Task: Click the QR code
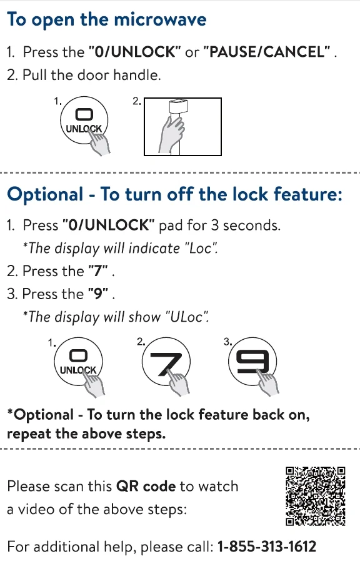(x=316, y=496)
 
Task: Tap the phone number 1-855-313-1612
(x=267, y=547)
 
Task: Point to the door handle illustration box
(x=183, y=127)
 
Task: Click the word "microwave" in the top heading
(x=160, y=19)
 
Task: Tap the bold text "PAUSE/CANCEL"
(x=267, y=52)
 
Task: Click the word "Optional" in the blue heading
(x=46, y=195)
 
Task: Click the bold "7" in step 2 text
(x=98, y=271)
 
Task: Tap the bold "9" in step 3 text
(x=98, y=294)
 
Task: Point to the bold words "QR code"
(x=146, y=487)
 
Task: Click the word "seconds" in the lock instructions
(x=251, y=225)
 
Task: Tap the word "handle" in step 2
(x=137, y=75)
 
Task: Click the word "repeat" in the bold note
(x=29, y=434)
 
